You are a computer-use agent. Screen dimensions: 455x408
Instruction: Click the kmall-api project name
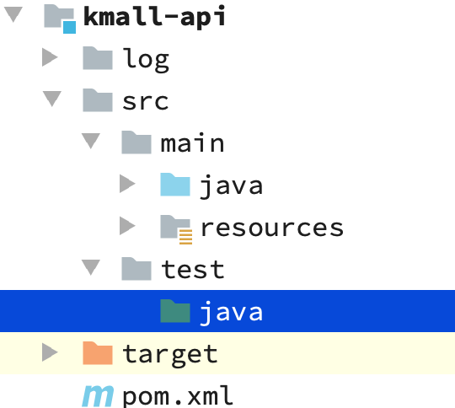pyautogui.click(x=154, y=16)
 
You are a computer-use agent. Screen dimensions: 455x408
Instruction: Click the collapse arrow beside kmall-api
pyautogui.click(x=13, y=14)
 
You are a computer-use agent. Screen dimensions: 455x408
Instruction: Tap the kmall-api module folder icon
pyautogui.click(x=60, y=19)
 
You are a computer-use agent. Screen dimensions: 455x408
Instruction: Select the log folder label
pyautogui.click(x=146, y=60)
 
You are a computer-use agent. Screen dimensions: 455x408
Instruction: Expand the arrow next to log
pyautogui.click(x=50, y=57)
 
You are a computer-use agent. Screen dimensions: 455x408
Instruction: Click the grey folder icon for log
pyautogui.click(x=98, y=58)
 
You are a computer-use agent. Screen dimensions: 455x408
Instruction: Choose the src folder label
pyautogui.click(x=146, y=102)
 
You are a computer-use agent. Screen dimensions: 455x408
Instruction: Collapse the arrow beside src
pyautogui.click(x=52, y=99)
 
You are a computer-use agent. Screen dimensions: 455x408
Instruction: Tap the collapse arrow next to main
pyautogui.click(x=91, y=141)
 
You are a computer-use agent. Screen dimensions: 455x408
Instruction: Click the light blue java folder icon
pyautogui.click(x=175, y=185)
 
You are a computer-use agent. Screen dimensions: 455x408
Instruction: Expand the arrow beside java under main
pyautogui.click(x=127, y=184)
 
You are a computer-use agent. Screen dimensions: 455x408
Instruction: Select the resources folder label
pyautogui.click(x=272, y=228)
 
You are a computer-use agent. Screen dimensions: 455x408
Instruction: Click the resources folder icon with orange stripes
pyautogui.click(x=176, y=229)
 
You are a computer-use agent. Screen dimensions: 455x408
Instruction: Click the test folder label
pyautogui.click(x=193, y=269)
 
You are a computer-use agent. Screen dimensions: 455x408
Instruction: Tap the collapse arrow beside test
pyautogui.click(x=91, y=267)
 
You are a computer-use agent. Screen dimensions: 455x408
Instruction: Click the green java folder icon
pyautogui.click(x=175, y=311)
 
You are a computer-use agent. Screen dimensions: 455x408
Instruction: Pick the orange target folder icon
pyautogui.click(x=98, y=353)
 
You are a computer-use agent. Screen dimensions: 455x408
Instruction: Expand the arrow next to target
pyautogui.click(x=50, y=352)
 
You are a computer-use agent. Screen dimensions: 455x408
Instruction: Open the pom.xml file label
pyautogui.click(x=178, y=395)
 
